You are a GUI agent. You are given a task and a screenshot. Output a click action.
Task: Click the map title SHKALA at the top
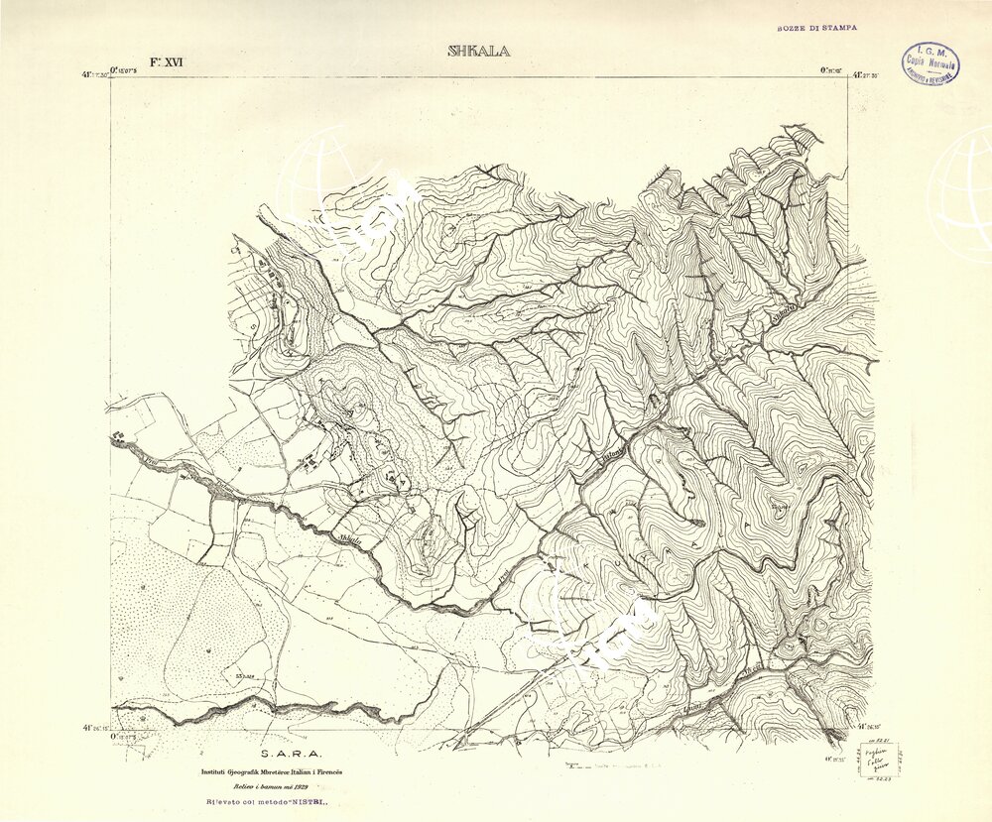479,52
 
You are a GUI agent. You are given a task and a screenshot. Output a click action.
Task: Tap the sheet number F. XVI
167,61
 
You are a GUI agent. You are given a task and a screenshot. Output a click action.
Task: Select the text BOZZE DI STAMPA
816,30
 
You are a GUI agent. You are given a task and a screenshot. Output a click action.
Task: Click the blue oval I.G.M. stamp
930,63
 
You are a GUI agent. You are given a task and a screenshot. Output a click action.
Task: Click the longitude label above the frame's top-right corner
830,69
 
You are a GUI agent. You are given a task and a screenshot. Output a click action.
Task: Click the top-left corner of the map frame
111,78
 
